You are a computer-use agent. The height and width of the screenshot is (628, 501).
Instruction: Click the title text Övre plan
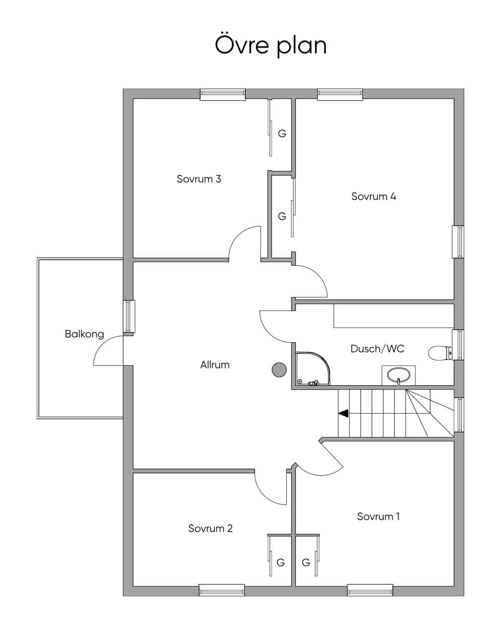click(x=271, y=46)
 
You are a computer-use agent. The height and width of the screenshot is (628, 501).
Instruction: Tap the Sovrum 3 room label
click(x=199, y=178)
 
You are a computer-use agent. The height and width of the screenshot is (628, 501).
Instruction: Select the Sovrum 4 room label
click(x=374, y=196)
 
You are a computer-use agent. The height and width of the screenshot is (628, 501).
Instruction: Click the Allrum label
click(x=215, y=365)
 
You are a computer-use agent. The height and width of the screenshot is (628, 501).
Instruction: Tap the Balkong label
click(x=85, y=334)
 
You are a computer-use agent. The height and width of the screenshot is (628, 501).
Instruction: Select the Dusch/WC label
click(x=377, y=348)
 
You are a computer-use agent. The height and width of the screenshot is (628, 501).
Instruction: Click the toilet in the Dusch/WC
click(x=440, y=353)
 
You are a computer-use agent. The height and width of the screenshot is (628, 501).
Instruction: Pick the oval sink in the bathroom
click(x=398, y=375)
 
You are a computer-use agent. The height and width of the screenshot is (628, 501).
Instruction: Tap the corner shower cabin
click(x=313, y=368)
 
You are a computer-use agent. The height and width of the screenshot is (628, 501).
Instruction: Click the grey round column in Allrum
click(x=279, y=370)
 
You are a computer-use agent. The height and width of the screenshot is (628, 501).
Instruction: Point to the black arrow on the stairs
click(x=343, y=413)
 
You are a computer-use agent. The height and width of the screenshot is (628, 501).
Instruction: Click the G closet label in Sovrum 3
click(x=282, y=133)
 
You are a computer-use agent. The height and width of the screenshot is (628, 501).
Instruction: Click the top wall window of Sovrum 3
click(x=223, y=94)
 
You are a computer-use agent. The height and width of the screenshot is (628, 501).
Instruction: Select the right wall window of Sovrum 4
click(x=458, y=241)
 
